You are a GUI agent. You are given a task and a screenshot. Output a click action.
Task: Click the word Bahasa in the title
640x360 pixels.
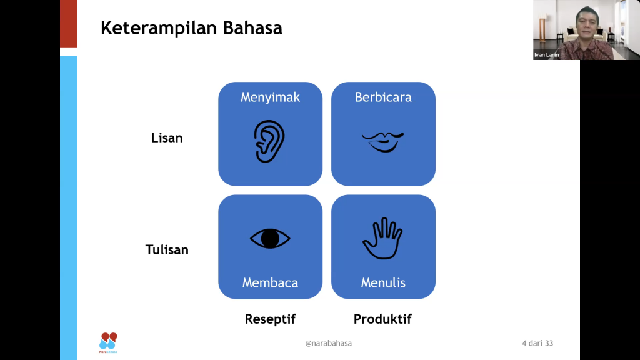(252, 28)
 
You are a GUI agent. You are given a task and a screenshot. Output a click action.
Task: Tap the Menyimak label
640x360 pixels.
(270, 97)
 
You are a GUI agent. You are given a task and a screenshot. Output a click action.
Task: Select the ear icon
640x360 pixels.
(269, 141)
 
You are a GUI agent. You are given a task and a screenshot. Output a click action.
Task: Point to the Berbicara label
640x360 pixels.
(383, 97)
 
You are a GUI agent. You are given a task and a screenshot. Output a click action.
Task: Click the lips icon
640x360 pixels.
(383, 142)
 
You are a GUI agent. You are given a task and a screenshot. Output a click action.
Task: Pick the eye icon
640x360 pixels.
(270, 238)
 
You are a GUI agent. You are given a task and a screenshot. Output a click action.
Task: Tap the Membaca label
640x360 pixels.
(270, 282)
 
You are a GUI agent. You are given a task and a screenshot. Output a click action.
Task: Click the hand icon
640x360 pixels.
(382, 238)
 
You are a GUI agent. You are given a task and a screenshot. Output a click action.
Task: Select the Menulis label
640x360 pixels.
(383, 282)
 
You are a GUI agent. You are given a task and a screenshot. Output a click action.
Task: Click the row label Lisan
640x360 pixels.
(167, 138)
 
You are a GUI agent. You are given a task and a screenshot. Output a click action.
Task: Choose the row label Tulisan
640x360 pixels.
(167, 250)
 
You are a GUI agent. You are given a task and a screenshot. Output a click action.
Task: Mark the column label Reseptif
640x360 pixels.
(270, 319)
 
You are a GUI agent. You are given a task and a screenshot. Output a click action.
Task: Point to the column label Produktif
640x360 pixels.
(382, 319)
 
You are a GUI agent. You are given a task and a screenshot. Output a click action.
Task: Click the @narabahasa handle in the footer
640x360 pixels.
(329, 343)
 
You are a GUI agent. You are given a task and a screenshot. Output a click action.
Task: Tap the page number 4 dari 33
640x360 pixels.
(537, 343)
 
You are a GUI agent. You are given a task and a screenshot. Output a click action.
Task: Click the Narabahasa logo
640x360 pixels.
(108, 343)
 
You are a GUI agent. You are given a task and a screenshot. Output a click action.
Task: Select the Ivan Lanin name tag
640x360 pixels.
(546, 55)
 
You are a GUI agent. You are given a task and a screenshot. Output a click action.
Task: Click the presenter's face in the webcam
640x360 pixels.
(587, 24)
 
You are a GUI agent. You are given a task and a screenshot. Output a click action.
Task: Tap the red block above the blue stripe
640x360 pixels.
(69, 24)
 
